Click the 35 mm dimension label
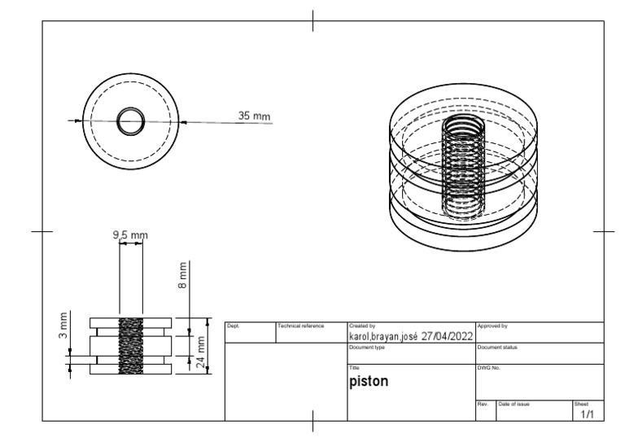point(253,116)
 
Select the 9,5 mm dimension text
point(129,235)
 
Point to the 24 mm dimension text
point(200,346)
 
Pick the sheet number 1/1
point(587,414)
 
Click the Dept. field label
point(232,326)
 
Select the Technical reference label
point(301,326)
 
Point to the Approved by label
point(492,326)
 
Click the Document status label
point(496,347)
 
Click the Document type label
point(366,347)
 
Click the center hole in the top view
point(129,122)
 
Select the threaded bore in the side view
point(130,346)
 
